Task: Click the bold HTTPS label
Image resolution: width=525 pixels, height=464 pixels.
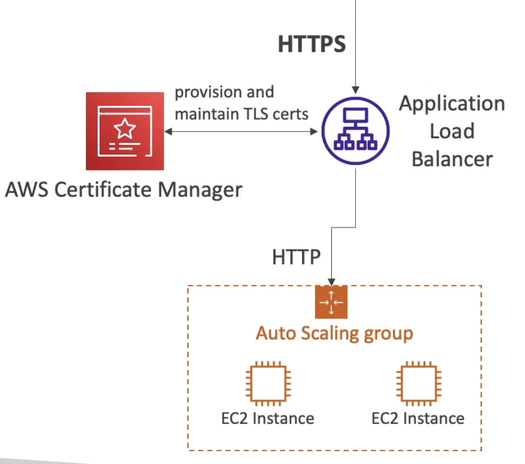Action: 312,44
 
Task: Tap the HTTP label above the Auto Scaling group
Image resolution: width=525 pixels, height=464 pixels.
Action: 296,257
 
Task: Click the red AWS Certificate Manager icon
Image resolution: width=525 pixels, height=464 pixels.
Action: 125,131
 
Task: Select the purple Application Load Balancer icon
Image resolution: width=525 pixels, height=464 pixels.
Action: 355,131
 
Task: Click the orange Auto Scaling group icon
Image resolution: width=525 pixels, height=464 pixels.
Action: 331,302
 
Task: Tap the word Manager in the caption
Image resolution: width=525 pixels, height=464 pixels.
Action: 200,190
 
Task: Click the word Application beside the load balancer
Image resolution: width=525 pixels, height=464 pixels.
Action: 452,103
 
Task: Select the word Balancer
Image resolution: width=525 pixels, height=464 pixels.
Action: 452,159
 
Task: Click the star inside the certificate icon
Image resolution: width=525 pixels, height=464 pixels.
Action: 125,129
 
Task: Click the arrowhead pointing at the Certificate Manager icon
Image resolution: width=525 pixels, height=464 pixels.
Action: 168,131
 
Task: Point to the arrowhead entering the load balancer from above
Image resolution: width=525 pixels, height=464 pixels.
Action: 355,90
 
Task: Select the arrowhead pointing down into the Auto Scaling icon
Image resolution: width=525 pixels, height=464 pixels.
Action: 331,282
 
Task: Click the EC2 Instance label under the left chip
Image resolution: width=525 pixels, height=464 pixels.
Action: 267,418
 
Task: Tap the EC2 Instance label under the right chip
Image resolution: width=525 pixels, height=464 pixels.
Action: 418,418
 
